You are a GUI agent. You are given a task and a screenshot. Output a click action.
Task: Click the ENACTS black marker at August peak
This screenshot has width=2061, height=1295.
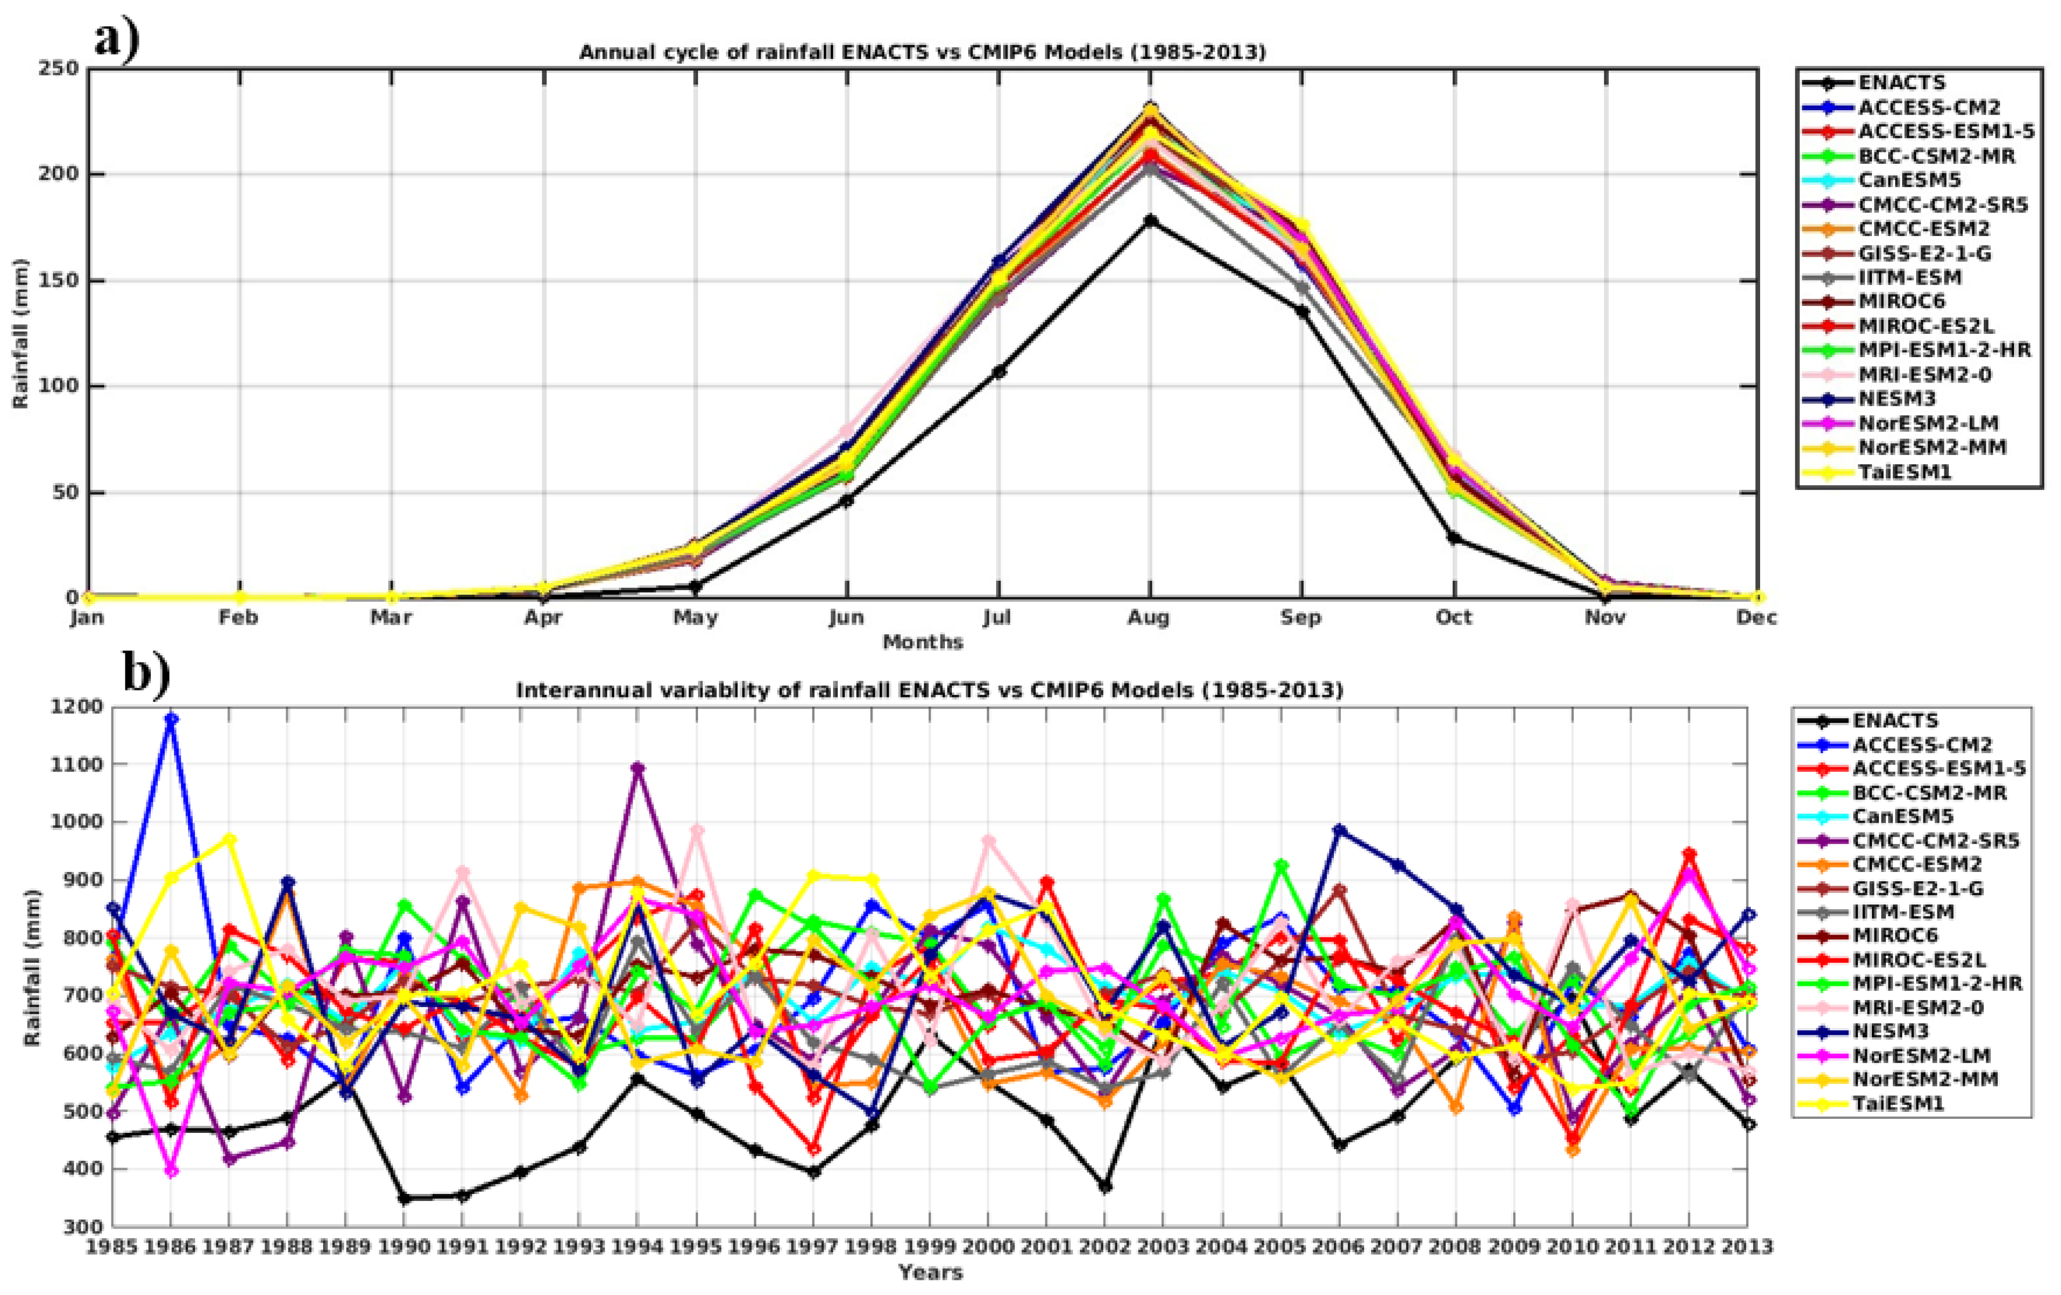[x=1150, y=221]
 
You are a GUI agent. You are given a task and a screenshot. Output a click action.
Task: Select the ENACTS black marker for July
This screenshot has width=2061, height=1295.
[x=998, y=372]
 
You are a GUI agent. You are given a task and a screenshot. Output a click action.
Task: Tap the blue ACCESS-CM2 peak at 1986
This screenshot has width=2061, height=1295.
[x=171, y=719]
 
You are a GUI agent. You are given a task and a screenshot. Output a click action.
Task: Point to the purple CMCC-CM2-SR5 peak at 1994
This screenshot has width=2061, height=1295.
[x=637, y=768]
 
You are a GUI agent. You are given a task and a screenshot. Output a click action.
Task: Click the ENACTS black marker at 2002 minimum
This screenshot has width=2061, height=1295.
[x=1105, y=1187]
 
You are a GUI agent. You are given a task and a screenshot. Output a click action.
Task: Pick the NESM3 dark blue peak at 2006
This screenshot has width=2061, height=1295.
[x=1339, y=830]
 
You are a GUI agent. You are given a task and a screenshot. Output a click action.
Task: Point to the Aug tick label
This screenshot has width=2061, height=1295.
[x=1149, y=617]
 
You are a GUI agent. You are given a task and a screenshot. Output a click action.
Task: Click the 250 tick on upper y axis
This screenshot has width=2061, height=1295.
[x=59, y=69]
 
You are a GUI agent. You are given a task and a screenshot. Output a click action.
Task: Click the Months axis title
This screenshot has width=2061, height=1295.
[x=923, y=642]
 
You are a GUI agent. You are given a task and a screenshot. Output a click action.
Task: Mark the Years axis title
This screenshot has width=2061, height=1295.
[x=930, y=1273]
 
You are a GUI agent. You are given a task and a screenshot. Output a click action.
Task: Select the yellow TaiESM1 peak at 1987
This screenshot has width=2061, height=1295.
[x=230, y=839]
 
